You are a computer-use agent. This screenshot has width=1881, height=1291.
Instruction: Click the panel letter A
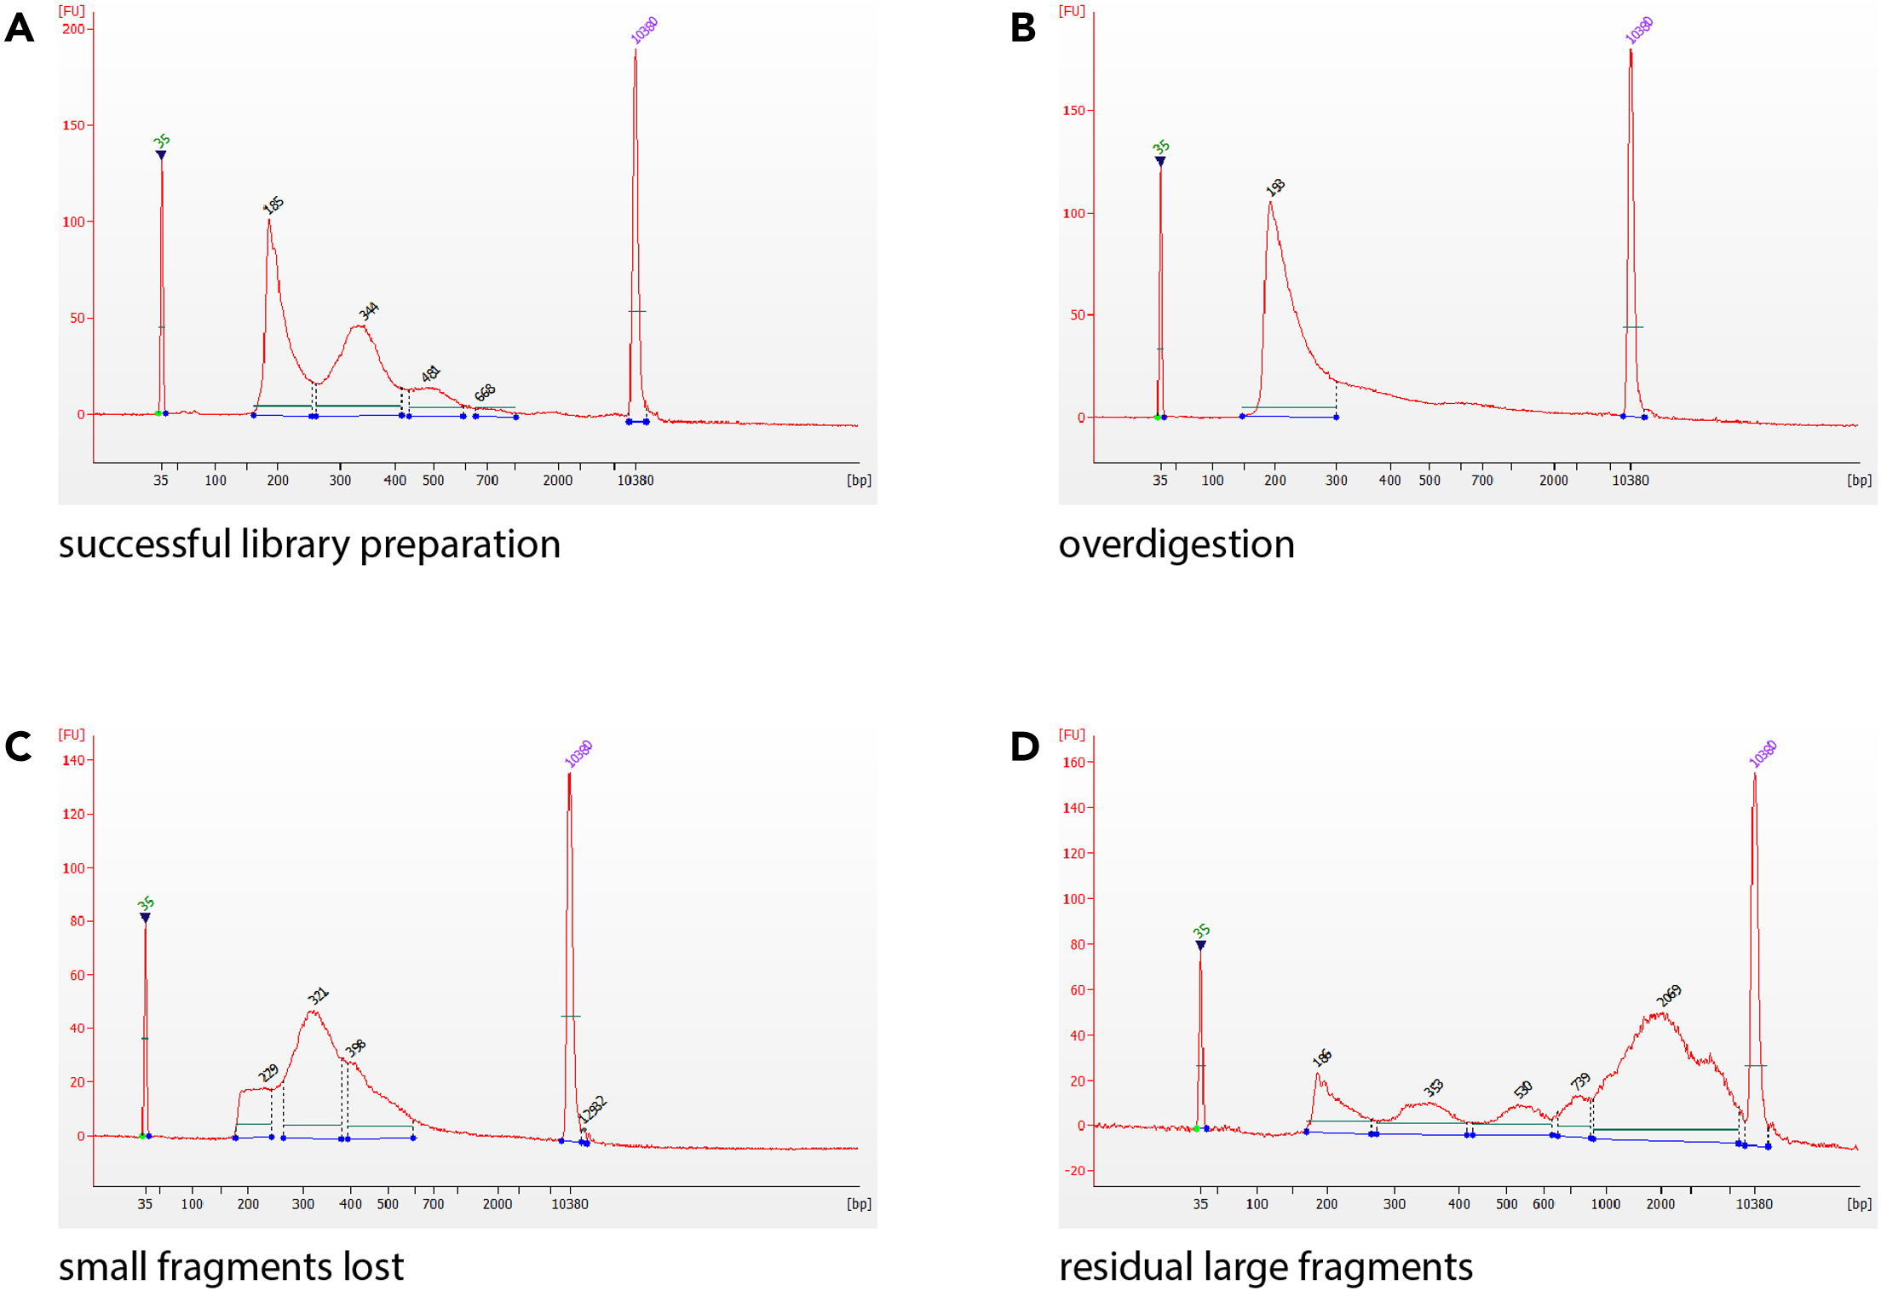pos(19,28)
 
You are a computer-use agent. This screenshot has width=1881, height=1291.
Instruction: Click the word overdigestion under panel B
pos(1176,545)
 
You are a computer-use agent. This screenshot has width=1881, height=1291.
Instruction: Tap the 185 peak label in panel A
pos(273,205)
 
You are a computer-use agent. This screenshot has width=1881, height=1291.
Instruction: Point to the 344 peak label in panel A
pos(368,311)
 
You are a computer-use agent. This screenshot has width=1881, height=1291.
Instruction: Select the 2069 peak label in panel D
pos(1669,994)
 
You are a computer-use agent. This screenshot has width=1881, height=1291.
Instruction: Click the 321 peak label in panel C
pos(318,995)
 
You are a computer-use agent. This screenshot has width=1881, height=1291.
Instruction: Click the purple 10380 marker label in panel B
pos(1638,31)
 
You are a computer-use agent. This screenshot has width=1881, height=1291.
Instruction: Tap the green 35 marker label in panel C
pos(146,903)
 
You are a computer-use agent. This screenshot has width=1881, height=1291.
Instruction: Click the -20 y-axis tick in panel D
pos(1074,1170)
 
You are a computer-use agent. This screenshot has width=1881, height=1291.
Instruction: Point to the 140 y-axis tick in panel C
pos(73,760)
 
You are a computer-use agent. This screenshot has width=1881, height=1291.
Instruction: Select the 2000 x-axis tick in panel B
pos(1553,481)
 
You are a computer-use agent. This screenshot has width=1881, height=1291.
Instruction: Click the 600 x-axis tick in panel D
pos(1543,1204)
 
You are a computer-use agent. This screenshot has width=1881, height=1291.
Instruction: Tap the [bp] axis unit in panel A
pos(859,481)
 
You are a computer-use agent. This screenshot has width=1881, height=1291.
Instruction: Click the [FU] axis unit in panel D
pos(1072,734)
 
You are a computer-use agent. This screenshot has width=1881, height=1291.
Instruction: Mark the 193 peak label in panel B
pos(1275,187)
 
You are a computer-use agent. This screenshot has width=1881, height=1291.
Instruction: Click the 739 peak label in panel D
pos(1580,1081)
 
